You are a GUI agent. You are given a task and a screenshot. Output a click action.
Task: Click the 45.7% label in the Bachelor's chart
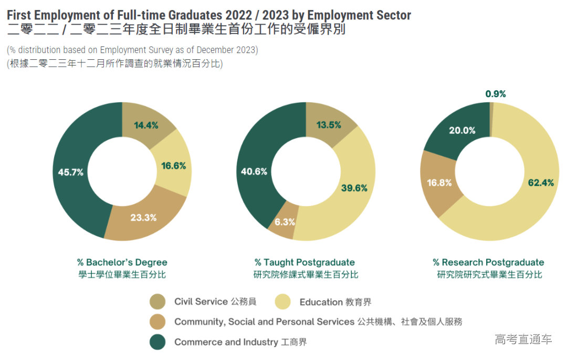coord(70,172)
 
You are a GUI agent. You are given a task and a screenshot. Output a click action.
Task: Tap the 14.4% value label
coord(146,125)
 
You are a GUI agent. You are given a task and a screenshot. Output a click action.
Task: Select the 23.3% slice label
coord(143,217)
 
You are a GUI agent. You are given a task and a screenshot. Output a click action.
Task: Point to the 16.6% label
coord(174,166)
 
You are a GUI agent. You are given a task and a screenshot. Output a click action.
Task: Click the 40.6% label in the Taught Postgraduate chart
coord(254,171)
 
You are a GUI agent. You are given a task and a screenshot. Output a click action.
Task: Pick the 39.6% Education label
coord(354,188)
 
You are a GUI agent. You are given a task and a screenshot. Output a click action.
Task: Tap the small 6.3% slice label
coord(285,222)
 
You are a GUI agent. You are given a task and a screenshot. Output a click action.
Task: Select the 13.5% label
coord(329,125)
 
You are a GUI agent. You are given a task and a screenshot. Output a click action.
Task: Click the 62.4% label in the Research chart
coord(540,183)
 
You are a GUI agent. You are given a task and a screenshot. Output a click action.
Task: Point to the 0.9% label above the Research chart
coord(496,94)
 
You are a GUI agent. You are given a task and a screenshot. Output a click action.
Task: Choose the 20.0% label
coord(462,131)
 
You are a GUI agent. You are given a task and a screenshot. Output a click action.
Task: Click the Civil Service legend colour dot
coord(157,302)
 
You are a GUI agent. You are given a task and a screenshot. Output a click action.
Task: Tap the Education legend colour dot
coord(282,302)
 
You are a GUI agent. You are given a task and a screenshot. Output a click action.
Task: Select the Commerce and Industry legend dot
coord(157,342)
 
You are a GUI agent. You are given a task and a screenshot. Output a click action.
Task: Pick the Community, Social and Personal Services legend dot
coord(157,322)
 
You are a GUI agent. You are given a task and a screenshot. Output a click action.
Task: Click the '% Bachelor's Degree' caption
coord(122,262)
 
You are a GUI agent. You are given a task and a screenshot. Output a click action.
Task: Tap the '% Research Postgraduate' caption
coord(488,262)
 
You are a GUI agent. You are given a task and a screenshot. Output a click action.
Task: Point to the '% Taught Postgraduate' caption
coord(304,262)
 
